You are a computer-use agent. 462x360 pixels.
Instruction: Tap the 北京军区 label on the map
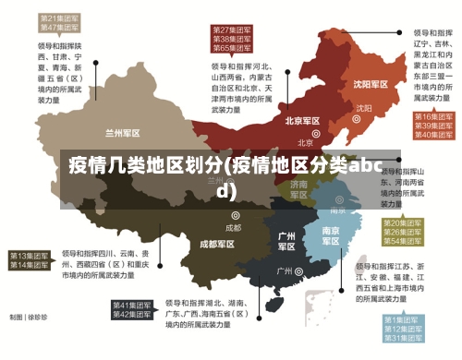[302, 121]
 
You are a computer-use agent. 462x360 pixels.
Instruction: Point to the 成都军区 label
[217, 244]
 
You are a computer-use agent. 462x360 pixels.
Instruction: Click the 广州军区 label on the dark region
[287, 241]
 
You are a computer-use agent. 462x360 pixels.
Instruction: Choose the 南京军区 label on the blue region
[330, 234]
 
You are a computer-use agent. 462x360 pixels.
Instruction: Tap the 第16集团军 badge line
[432, 117]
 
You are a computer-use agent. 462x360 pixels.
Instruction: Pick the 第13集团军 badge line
[30, 255]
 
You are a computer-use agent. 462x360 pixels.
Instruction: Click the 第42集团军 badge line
[132, 315]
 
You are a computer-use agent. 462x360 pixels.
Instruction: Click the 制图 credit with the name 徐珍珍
[29, 317]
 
